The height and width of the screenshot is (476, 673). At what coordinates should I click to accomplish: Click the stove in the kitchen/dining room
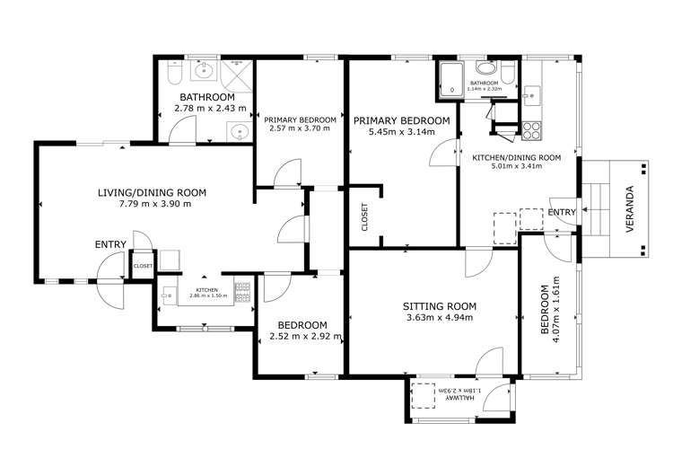[x=532, y=128]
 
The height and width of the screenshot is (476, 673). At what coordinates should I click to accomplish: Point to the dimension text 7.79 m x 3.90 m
[x=152, y=204]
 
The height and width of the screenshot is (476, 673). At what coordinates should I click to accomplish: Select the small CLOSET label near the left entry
[x=143, y=266]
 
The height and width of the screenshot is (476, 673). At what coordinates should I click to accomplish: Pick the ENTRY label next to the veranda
[x=562, y=212]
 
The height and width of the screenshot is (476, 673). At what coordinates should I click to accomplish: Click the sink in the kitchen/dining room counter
[x=531, y=91]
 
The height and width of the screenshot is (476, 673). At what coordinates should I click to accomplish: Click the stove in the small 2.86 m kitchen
[x=240, y=290]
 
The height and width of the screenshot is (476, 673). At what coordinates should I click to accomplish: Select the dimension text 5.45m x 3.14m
[x=401, y=132]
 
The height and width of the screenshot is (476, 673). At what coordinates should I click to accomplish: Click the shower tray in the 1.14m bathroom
[x=449, y=77]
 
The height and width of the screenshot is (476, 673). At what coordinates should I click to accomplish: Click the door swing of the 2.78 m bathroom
[x=179, y=135]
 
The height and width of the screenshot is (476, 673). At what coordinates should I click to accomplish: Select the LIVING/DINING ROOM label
[x=152, y=192]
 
